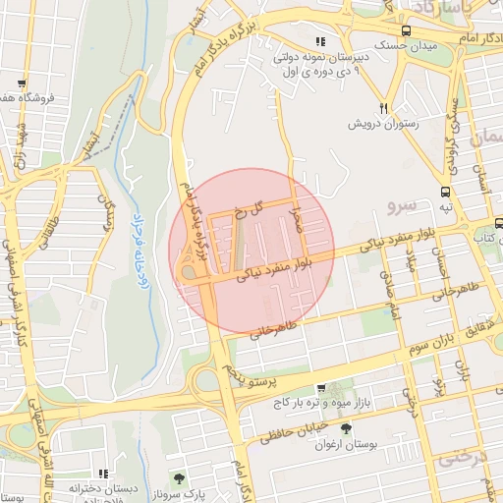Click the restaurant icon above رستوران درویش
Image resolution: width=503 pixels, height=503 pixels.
coord(384,109)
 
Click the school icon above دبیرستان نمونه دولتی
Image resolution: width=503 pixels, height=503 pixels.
coord(320,41)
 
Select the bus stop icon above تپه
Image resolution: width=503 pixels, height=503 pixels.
coord(447,192)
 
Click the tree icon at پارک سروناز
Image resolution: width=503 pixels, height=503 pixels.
coord(179,478)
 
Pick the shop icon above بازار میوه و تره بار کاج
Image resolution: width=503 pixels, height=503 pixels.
coord(320,389)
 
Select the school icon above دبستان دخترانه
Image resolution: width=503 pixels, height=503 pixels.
coord(104,474)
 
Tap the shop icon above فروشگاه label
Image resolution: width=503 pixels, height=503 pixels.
coord(23,84)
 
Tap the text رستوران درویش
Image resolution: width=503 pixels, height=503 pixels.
coord(384,125)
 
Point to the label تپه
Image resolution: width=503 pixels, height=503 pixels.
coord(446,207)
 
